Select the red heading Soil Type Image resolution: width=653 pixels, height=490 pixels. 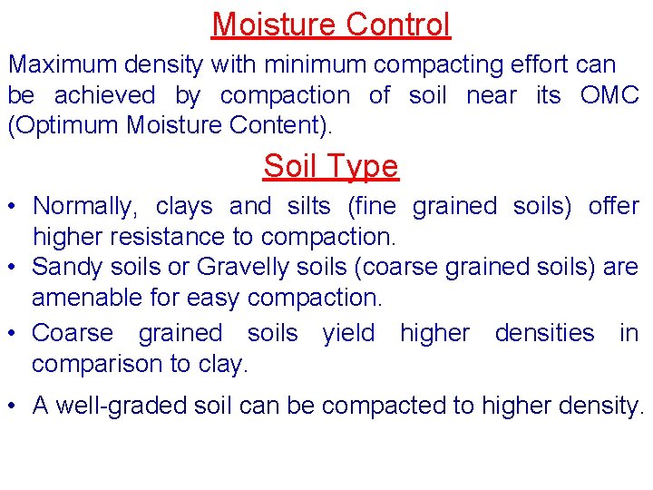click(x=331, y=166)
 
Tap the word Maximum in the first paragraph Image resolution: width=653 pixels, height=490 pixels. click(x=60, y=65)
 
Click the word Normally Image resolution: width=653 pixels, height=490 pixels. click(x=83, y=207)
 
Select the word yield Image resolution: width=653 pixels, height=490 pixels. click(x=348, y=333)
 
